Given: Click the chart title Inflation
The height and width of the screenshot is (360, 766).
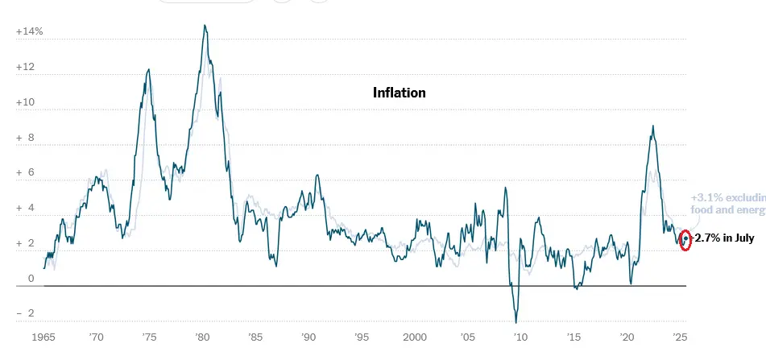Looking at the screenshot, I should [x=399, y=93].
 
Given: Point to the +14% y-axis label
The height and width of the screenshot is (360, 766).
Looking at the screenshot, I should [x=29, y=32].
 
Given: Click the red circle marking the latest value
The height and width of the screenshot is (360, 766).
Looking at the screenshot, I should [x=685, y=239].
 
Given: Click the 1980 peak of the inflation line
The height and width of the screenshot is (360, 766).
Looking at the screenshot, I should [x=205, y=26].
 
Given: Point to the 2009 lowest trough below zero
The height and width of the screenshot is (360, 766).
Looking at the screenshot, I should [x=515, y=321].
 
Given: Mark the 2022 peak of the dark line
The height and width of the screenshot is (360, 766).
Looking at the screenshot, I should [x=652, y=126].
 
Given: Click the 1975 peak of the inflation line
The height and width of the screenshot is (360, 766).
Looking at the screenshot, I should [x=148, y=70].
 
